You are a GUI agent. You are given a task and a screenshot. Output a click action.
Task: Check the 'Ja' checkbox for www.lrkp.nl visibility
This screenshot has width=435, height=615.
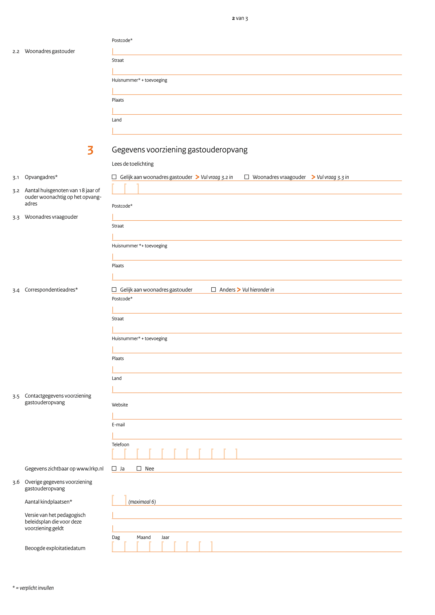click(114, 468)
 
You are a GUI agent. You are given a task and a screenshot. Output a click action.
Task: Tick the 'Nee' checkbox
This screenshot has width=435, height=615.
click(139, 468)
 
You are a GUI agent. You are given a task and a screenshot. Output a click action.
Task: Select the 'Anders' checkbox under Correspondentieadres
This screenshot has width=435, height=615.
click(214, 290)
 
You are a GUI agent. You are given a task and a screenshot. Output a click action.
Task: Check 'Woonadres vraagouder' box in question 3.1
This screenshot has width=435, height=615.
click(247, 177)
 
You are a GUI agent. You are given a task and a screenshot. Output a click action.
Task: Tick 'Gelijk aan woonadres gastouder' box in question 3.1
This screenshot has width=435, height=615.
click(114, 177)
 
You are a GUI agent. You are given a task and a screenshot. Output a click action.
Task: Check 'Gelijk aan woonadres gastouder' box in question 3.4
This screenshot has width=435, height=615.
click(114, 290)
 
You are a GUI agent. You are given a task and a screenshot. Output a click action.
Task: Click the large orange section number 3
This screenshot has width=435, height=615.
click(91, 150)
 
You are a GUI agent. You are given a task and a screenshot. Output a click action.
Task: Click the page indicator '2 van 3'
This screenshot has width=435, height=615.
click(240, 18)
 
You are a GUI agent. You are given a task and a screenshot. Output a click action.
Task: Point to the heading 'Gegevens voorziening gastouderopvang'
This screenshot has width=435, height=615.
click(179, 150)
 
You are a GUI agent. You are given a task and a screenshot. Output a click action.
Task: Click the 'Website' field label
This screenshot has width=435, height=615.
click(120, 405)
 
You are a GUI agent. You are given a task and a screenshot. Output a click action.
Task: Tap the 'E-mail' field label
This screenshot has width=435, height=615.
click(118, 425)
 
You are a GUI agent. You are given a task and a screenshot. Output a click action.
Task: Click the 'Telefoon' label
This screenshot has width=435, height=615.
click(120, 444)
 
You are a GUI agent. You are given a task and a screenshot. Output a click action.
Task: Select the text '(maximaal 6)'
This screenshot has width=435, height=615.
click(142, 502)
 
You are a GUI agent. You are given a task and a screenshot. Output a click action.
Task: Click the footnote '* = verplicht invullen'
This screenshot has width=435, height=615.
click(33, 588)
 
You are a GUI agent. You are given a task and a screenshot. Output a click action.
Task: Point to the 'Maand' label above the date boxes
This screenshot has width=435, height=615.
click(144, 537)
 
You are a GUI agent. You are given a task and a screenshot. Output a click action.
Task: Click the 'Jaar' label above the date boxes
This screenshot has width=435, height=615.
click(165, 537)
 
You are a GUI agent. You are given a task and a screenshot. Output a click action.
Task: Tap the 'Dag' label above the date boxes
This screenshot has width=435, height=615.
click(116, 537)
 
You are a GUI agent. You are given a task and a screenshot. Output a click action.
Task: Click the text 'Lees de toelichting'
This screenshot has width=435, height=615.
click(133, 164)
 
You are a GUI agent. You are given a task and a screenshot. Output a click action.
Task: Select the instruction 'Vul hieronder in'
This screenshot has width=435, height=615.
click(258, 290)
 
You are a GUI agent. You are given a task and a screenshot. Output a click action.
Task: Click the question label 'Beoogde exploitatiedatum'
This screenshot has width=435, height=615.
click(55, 548)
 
